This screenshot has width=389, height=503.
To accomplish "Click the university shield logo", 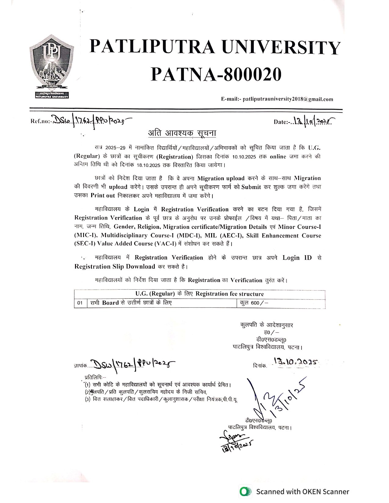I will [x=51, y=65].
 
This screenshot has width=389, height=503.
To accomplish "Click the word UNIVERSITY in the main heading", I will [x=281, y=48].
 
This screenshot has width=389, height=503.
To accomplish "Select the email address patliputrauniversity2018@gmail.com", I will [x=287, y=99].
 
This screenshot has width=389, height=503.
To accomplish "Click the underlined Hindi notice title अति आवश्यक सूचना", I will [x=182, y=133].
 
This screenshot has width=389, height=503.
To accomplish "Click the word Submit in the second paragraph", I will [x=251, y=187].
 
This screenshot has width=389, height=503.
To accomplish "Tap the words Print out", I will [x=103, y=195].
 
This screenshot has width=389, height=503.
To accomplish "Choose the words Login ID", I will [x=297, y=258].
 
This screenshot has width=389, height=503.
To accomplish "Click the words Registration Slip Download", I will [x=115, y=266].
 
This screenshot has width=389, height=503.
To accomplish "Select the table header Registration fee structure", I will [x=229, y=294].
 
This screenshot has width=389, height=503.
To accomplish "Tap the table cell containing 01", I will [x=80, y=303].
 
